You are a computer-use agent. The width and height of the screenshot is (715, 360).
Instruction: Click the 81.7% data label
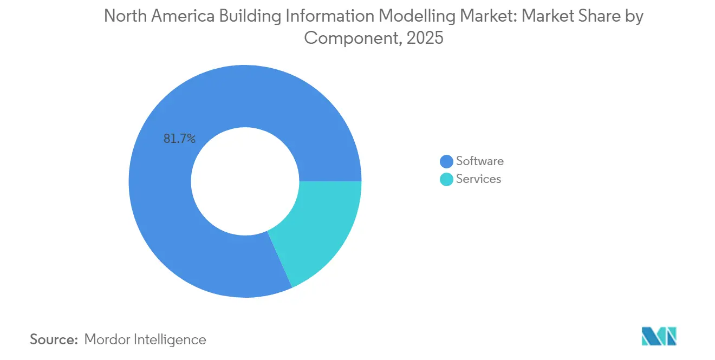tap(179, 139)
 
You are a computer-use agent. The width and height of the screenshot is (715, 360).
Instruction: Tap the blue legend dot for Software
tap(446, 161)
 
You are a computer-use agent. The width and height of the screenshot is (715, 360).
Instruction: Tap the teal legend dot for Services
tap(446, 179)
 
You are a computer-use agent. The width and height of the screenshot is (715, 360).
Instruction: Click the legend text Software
tap(479, 161)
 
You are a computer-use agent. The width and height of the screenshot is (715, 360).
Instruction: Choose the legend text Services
tap(478, 179)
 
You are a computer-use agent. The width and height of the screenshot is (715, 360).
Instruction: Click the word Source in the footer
tap(53, 339)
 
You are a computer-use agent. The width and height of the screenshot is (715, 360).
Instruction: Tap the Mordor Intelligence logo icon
tap(659, 336)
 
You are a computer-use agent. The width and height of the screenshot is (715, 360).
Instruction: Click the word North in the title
tap(123, 16)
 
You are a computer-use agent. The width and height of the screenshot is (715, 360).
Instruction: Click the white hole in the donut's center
tap(245, 181)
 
